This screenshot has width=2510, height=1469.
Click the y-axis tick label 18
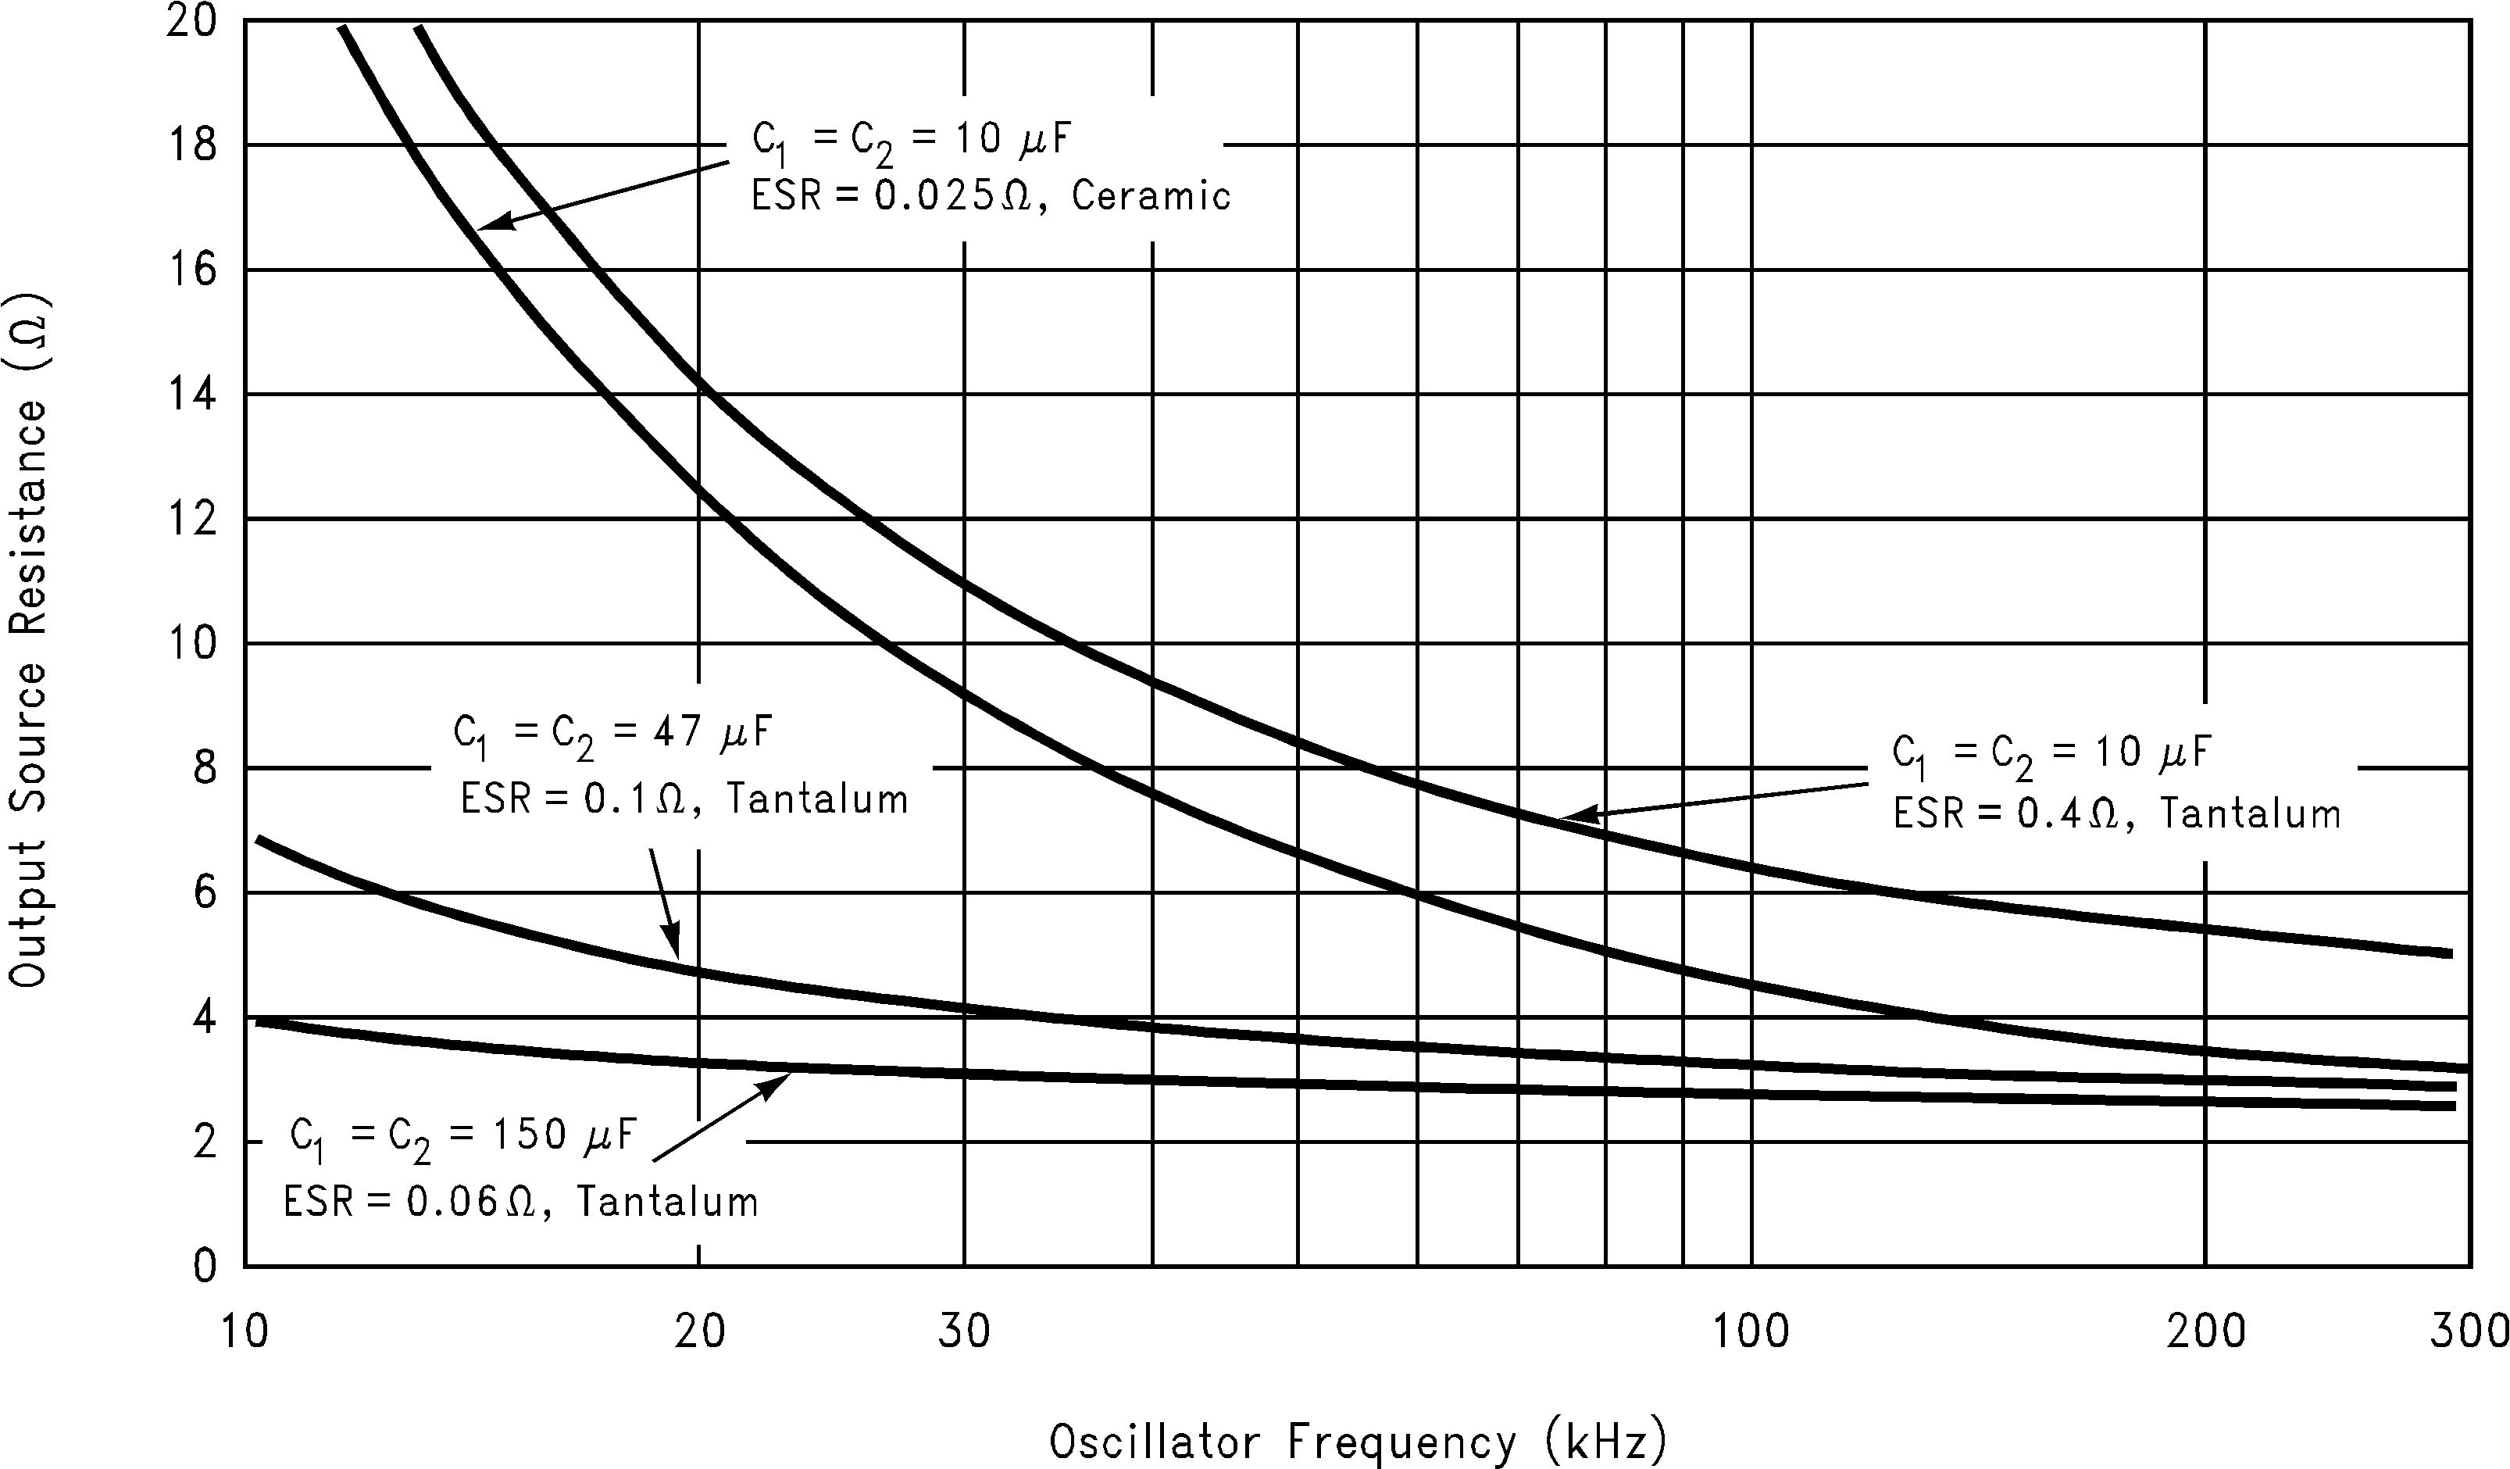pyautogui.click(x=191, y=145)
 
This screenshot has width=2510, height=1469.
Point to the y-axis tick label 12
pyautogui.click(x=191, y=519)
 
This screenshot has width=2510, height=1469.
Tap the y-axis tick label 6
pyautogui.click(x=204, y=892)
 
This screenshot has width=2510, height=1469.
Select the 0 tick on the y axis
pyautogui.click(x=204, y=1266)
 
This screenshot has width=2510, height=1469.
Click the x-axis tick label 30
pyautogui.click(x=964, y=1331)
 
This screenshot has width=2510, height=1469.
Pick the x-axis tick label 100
pyautogui.click(x=1750, y=1331)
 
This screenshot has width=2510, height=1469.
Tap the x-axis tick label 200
pyautogui.click(x=2205, y=1331)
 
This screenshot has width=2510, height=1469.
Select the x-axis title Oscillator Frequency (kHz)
pyautogui.click(x=1358, y=1440)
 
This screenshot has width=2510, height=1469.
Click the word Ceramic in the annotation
pyautogui.click(x=1151, y=195)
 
